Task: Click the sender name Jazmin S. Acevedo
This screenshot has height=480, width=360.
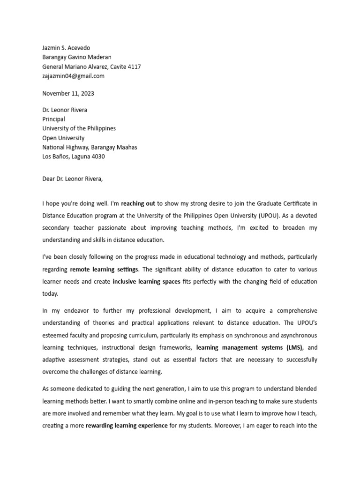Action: click(66, 48)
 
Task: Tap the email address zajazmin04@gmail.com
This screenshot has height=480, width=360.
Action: click(73, 76)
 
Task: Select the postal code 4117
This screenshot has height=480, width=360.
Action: click(135, 67)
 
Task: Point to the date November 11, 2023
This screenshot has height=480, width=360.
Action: click(68, 93)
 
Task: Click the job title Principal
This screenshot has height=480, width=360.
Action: click(53, 119)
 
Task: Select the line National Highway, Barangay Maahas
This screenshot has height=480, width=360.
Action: click(90, 147)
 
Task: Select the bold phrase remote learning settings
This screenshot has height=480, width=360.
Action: click(104, 270)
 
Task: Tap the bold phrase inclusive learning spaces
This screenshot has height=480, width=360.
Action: click(146, 282)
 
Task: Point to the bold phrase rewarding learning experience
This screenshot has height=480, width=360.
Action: click(127, 426)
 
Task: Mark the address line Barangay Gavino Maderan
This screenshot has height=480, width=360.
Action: click(77, 57)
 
